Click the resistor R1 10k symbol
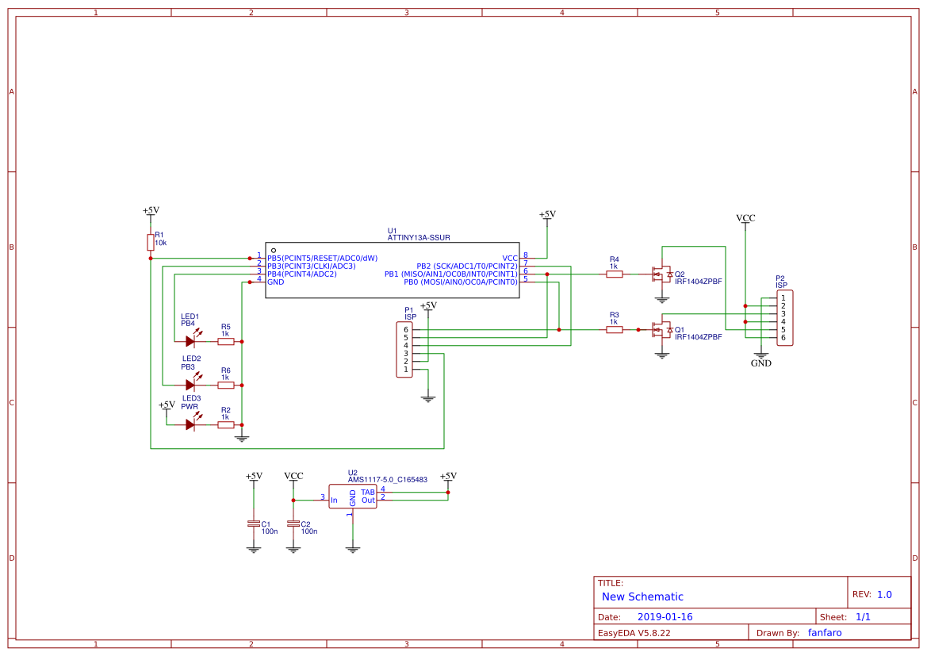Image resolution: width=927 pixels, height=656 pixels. point(151,242)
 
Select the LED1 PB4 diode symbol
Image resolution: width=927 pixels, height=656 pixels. point(190,341)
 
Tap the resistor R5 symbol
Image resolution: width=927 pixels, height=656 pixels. point(226,341)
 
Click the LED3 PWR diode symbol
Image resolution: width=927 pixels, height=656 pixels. point(190,424)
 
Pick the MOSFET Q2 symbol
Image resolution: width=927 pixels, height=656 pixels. point(661,274)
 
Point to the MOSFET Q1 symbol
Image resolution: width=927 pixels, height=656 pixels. point(661,329)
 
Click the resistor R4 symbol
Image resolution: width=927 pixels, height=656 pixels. point(614,274)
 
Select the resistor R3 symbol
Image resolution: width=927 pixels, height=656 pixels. point(614,329)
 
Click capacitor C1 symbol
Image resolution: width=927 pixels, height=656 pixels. point(254,524)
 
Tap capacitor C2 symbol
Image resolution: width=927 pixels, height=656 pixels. point(293,524)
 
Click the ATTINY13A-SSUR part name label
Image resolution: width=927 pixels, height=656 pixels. point(419,237)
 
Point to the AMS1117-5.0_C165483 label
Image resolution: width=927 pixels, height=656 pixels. point(387,479)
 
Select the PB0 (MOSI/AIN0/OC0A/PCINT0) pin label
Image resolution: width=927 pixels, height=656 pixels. point(460,282)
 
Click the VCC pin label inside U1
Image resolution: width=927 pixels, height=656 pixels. point(509,258)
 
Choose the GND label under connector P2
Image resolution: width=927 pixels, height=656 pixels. point(760,363)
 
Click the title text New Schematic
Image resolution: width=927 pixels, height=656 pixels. point(642,597)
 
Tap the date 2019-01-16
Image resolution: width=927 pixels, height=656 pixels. point(665,616)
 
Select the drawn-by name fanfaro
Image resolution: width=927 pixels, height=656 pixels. point(825,632)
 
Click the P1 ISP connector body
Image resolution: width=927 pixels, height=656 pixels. point(404,349)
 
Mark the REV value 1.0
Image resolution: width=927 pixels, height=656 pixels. point(884,594)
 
